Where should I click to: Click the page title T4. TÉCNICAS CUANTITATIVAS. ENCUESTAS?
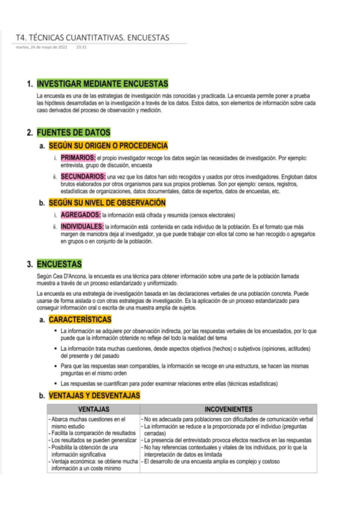[93, 38]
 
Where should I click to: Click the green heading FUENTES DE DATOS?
[73, 132]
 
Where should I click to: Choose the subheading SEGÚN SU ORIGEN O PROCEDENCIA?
[108, 146]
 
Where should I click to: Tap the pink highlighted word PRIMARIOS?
[78, 158]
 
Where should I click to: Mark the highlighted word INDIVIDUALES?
[83, 227]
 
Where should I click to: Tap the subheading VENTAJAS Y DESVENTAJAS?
[94, 396]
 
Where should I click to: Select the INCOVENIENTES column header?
[228, 409]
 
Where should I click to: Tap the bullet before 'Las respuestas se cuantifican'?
[56, 384]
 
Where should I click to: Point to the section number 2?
[30, 132]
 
